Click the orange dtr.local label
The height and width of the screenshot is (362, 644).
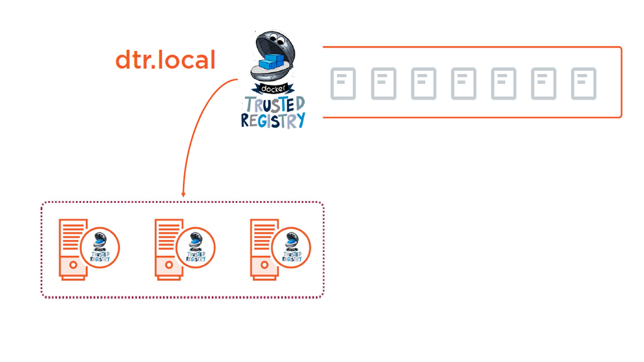165,60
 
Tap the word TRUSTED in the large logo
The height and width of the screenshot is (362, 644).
274,104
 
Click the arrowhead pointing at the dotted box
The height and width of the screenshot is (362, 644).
183,194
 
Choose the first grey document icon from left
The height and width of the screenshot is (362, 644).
343,84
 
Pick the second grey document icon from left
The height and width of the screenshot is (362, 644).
383,84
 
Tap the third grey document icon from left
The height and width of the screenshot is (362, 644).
423,84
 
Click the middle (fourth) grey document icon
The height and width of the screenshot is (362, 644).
464,84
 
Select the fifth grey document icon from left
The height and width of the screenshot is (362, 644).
504,84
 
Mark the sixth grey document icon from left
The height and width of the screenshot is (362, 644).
543,84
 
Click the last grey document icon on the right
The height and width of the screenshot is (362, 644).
584,84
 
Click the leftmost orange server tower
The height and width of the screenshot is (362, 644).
72,249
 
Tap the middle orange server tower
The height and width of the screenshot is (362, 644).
167,249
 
